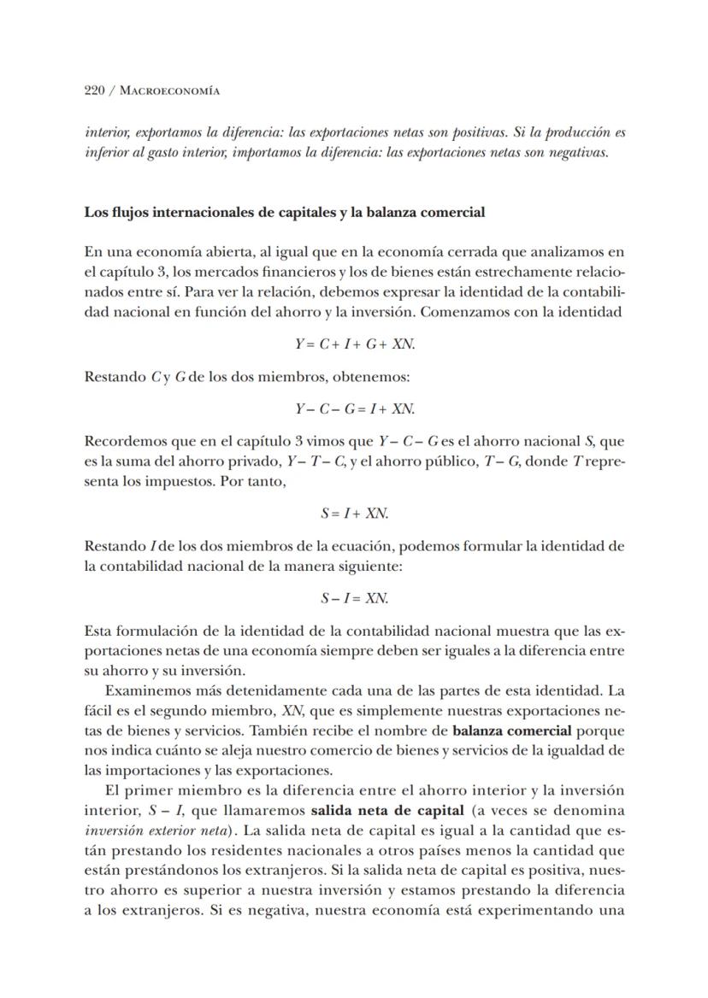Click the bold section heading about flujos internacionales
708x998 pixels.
(284, 212)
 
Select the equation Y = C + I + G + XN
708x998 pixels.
(355, 343)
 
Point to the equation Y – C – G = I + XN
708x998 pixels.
(355, 408)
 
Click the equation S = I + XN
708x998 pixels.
(355, 514)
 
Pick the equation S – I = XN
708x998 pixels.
(355, 598)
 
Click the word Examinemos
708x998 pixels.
(145, 690)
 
